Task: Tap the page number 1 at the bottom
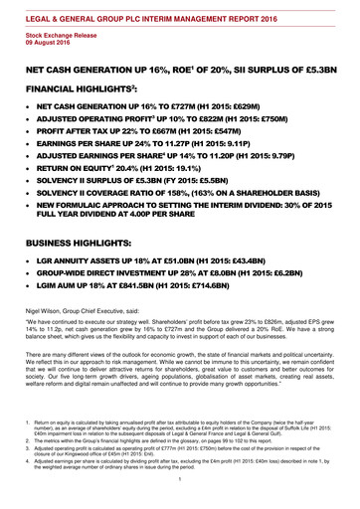click(x=179, y=482)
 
